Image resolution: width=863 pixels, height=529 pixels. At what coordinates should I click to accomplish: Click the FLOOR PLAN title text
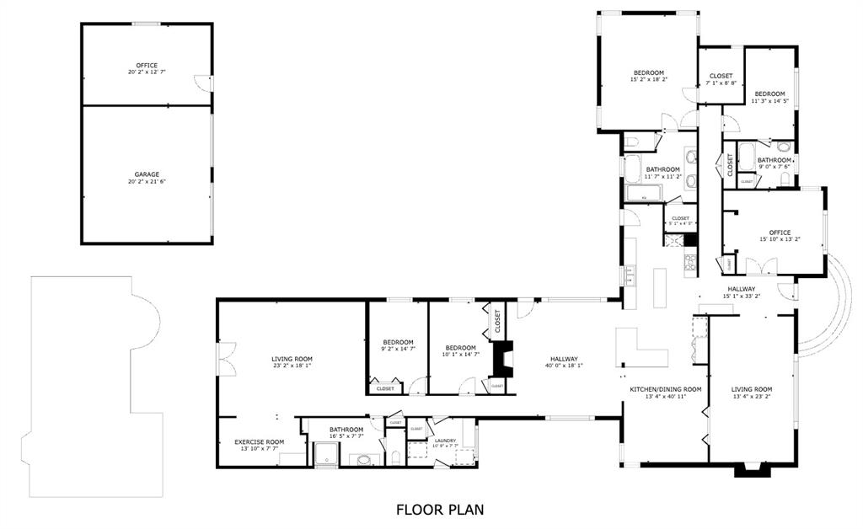click(440, 510)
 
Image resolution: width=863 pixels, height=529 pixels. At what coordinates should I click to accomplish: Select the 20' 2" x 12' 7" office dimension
click(147, 73)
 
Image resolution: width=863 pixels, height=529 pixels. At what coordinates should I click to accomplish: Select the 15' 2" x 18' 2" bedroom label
click(649, 76)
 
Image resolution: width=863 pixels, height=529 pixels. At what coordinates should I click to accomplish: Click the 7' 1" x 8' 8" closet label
click(721, 80)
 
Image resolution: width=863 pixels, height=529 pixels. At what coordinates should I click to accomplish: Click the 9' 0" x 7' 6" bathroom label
click(774, 163)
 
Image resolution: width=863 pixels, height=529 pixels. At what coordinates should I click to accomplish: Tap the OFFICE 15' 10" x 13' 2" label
click(780, 236)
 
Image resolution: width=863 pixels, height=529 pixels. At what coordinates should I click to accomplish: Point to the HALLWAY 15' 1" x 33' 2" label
click(742, 292)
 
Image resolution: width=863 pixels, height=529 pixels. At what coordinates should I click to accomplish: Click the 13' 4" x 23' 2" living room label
click(751, 393)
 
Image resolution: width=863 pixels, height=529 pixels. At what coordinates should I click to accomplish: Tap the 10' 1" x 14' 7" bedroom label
click(460, 350)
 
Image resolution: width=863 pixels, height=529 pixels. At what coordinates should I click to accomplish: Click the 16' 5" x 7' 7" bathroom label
click(346, 431)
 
